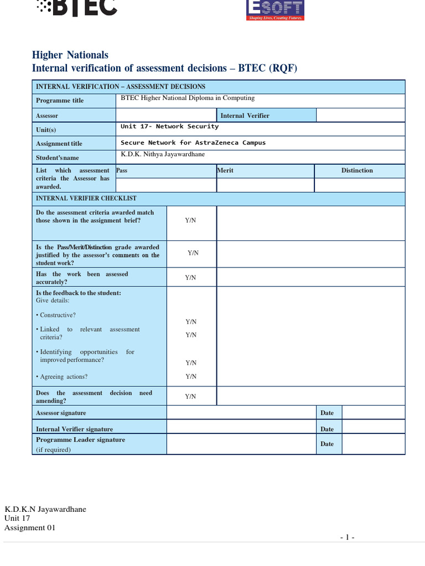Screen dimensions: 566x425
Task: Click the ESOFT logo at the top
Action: tap(274, 9)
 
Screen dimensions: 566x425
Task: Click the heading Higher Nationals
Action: tap(70, 55)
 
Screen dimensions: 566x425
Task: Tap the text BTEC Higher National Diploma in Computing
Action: tap(188, 98)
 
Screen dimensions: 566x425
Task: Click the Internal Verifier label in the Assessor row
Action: tap(245, 116)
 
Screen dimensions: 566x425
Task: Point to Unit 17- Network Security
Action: tap(169, 127)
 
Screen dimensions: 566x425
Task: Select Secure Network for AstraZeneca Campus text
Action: tap(193, 143)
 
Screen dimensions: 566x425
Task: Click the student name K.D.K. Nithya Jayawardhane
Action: tap(163, 154)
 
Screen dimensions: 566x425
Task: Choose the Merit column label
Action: tap(225, 170)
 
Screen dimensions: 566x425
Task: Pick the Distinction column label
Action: tap(357, 170)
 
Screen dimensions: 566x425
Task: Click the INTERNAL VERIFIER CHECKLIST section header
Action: tap(86, 198)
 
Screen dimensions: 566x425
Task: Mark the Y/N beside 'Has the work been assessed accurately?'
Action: tap(190, 277)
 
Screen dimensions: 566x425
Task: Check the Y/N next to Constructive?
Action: tap(191, 322)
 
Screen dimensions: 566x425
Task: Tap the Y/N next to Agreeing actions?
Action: tap(191, 376)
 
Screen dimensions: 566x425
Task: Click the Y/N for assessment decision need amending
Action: tap(190, 396)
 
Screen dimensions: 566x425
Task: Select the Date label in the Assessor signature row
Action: tap(327, 413)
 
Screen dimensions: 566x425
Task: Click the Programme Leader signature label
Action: tap(80, 440)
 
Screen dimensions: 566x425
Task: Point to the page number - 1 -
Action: tap(347, 537)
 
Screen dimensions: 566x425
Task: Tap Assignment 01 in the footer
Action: tap(30, 528)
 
